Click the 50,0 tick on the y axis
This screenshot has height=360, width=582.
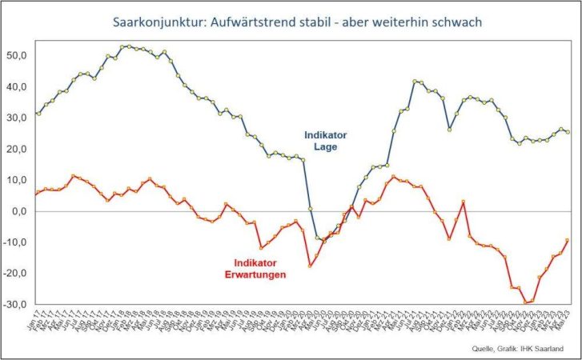tap(17, 55)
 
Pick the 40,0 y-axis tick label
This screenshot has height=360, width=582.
tap(17, 86)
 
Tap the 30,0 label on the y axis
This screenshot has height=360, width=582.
tap(17, 118)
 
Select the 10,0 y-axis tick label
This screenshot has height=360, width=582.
tap(17, 180)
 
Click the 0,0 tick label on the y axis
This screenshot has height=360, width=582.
tap(19, 211)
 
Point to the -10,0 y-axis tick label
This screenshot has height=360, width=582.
tap(15, 242)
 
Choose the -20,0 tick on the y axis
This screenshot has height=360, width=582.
tap(15, 274)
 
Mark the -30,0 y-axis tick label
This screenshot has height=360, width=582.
tap(15, 305)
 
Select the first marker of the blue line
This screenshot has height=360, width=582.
tap(38, 114)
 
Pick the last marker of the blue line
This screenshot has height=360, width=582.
tap(568, 132)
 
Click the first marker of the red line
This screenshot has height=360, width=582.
tap(38, 193)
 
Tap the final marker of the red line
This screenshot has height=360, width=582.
tap(568, 240)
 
